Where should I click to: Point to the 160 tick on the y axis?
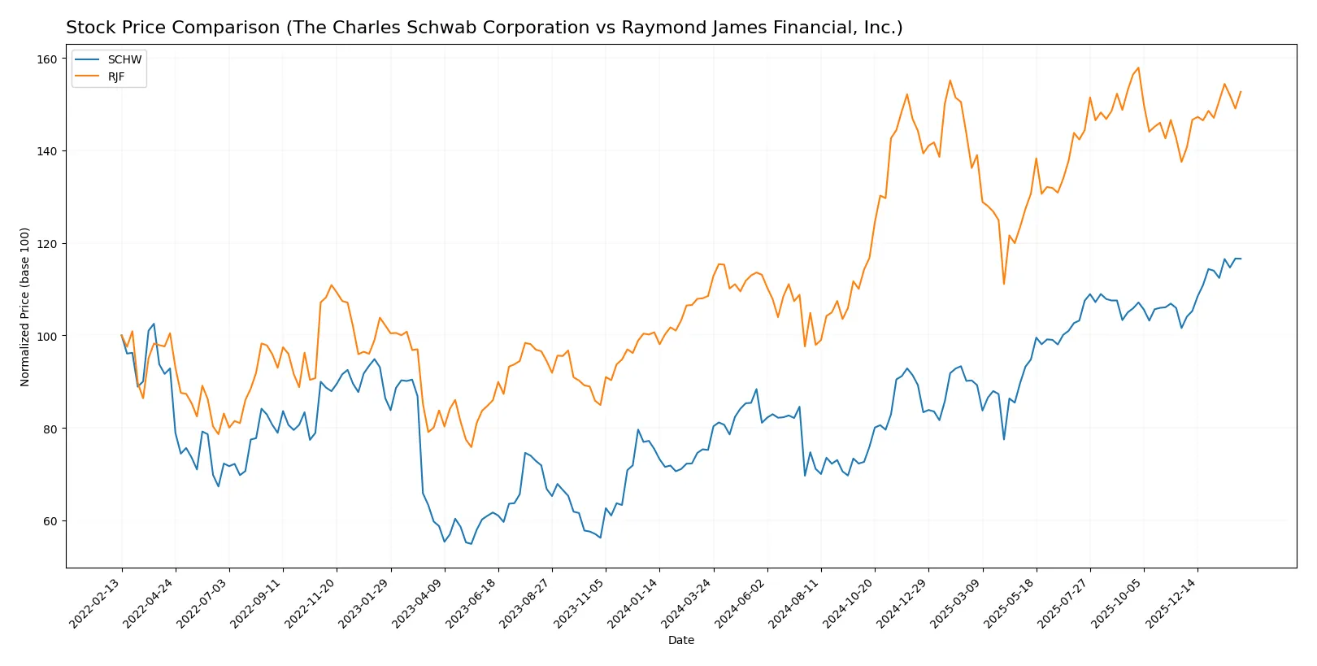(x=47, y=59)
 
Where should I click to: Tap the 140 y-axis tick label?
(x=47, y=151)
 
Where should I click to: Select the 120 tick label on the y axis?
(x=47, y=244)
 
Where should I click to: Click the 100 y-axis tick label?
(x=47, y=337)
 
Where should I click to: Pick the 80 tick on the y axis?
(x=50, y=429)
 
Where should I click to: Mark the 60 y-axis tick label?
(x=50, y=521)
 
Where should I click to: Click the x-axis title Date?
(x=681, y=641)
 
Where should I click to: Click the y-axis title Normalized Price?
(x=25, y=307)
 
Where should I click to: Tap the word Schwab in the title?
(x=402, y=28)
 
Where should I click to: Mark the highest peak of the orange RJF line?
(x=1138, y=67)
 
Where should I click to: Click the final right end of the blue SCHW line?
(x=1241, y=259)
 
